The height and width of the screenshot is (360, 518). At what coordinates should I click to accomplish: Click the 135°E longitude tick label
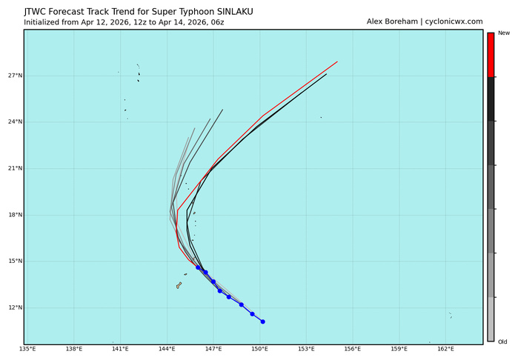click(x=27, y=349)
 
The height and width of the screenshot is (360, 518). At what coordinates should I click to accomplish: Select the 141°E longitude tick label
click(x=120, y=349)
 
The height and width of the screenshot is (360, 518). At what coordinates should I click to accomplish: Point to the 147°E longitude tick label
click(x=213, y=349)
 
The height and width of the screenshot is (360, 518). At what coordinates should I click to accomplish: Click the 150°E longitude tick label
click(x=259, y=349)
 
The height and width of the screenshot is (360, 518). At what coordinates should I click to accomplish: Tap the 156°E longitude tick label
click(x=353, y=349)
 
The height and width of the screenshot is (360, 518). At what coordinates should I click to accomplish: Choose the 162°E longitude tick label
click(x=445, y=349)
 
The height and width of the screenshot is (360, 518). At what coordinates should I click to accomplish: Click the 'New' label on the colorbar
click(x=504, y=33)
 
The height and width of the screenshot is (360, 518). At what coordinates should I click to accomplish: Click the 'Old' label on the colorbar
click(x=503, y=341)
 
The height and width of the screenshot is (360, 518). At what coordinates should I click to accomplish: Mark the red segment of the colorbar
click(x=491, y=55)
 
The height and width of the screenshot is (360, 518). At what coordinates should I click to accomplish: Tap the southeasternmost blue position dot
click(x=262, y=321)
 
